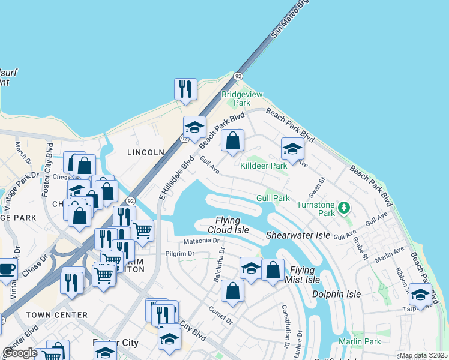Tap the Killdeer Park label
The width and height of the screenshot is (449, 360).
(264, 166)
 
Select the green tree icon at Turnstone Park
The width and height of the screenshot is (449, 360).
(343, 208)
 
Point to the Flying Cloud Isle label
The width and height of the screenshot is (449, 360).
(228, 225)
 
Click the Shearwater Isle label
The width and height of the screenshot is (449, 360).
(298, 235)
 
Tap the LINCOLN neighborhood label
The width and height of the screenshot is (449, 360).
(145, 152)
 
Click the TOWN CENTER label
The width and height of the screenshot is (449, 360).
(56, 314)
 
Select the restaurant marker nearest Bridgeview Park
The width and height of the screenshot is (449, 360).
(185, 89)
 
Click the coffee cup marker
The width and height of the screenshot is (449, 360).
(7, 268)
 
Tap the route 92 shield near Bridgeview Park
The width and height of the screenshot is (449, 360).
(238, 76)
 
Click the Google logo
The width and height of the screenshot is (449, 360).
(20, 353)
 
